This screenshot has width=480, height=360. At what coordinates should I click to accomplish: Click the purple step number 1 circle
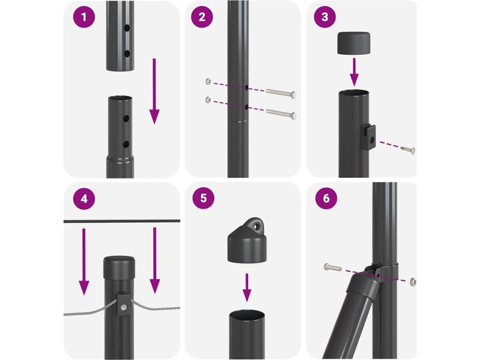[x=84, y=17]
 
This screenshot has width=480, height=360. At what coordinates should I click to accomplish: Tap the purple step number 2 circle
[x=202, y=17]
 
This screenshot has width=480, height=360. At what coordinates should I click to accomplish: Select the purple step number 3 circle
[x=325, y=17]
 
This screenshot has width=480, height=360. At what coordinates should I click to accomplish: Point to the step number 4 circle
[x=84, y=199]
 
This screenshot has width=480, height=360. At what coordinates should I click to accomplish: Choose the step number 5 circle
[x=203, y=198]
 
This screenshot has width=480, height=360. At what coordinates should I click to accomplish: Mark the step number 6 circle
[x=326, y=198]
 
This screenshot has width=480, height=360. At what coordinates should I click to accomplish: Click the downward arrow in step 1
[x=154, y=91]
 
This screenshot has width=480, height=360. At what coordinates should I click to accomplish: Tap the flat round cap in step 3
[x=353, y=43]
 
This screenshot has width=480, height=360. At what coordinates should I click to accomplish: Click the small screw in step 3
[x=408, y=150]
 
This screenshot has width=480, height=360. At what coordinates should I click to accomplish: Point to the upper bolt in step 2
[x=281, y=93]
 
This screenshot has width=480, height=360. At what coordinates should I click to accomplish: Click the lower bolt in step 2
[x=281, y=113]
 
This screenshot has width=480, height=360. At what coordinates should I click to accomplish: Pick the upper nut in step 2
[x=208, y=82]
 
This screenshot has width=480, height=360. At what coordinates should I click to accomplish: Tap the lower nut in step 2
[x=208, y=99]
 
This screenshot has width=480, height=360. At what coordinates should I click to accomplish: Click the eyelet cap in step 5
[x=247, y=240]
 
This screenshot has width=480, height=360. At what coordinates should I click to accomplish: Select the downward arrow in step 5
[x=247, y=287]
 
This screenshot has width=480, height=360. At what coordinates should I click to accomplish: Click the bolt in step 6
[x=332, y=268]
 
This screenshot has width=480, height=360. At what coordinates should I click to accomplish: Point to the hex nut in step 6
[x=412, y=282]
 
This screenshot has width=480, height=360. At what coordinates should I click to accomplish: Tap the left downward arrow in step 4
[x=84, y=262]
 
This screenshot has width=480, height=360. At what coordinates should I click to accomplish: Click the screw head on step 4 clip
[x=123, y=307]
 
